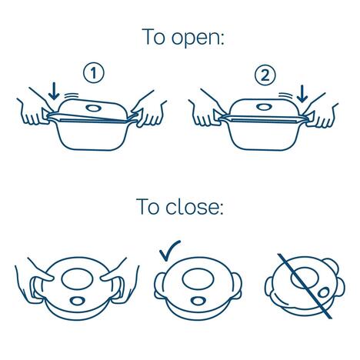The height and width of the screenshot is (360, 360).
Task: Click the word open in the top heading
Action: (x=195, y=38)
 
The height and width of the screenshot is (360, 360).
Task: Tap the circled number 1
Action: (x=94, y=73)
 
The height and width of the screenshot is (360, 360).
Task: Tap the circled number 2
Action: (x=265, y=75)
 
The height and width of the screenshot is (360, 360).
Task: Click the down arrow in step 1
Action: (x=54, y=91)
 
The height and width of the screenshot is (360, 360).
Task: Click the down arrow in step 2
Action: (x=302, y=94)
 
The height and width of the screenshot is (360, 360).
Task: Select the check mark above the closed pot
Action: (x=170, y=251)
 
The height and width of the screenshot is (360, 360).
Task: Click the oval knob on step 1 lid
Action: (x=93, y=108)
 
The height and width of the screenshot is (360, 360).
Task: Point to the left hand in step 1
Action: (x=33, y=110)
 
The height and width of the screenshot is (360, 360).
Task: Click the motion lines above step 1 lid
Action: (x=72, y=96)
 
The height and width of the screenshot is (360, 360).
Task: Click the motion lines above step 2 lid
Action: (x=285, y=95)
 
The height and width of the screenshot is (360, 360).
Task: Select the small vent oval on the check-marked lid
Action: (x=198, y=301)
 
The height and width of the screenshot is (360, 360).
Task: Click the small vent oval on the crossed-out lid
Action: (x=324, y=292)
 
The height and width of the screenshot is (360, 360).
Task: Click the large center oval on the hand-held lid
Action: (x=77, y=279)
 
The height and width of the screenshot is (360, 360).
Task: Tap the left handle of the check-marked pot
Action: (x=159, y=286)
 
